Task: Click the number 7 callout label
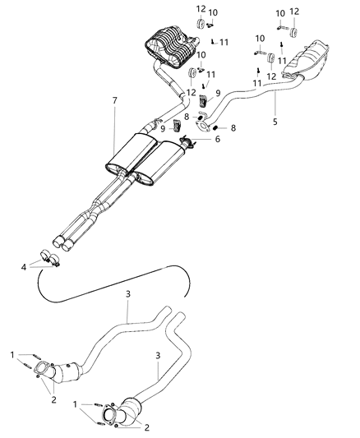[x=115, y=100]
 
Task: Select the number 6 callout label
[x=217, y=140]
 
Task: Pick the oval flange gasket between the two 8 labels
[x=201, y=127]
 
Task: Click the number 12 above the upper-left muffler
[x=201, y=9]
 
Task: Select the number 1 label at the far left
[x=12, y=355]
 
